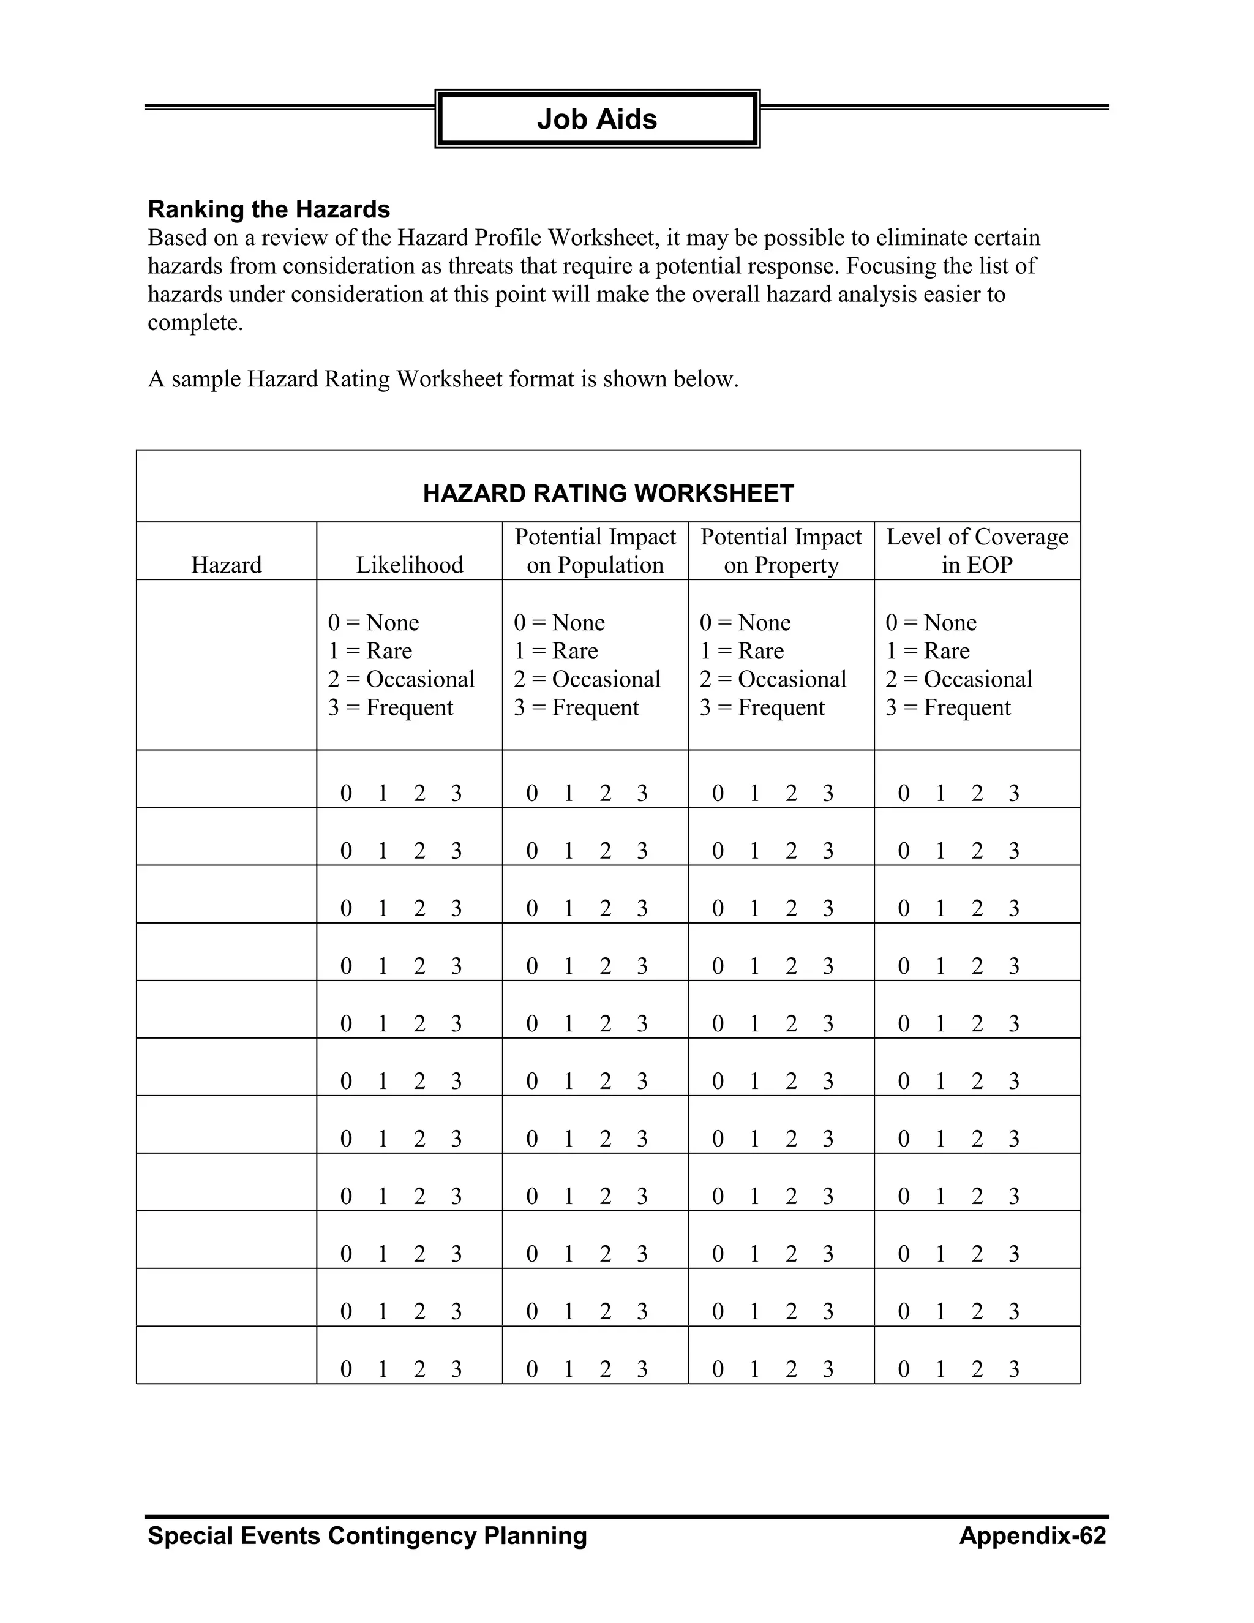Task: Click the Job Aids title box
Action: pos(596,119)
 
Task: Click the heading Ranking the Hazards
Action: pos(269,209)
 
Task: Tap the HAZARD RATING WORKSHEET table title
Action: pos(607,494)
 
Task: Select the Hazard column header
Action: pos(227,565)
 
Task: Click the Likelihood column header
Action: pos(410,565)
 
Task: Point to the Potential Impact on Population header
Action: pos(595,551)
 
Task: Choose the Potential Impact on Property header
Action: pos(781,551)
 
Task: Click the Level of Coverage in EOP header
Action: pos(977,551)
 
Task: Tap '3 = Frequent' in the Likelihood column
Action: pos(391,707)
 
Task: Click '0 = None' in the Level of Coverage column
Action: pos(931,622)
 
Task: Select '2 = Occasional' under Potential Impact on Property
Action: pos(773,679)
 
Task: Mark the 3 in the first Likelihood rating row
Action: pos(456,794)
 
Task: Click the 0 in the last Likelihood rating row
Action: pos(346,1369)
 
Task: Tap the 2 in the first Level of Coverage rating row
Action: pos(977,794)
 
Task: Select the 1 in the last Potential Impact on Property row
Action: pos(754,1369)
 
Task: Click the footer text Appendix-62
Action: pos(1032,1536)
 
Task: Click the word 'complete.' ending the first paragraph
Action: pos(195,323)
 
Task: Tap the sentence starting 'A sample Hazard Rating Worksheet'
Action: pos(443,380)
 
